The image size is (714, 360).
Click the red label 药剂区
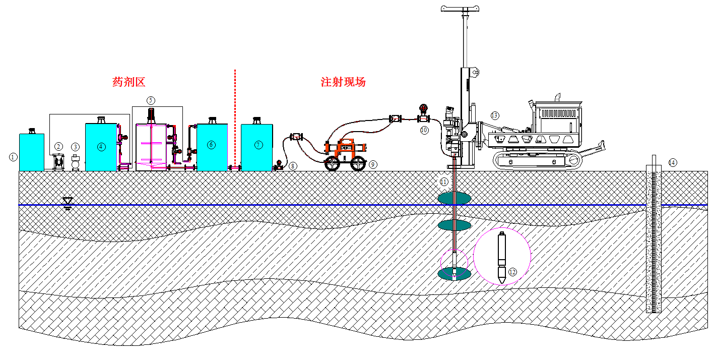point(128,82)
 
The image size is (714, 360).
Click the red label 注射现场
point(343,82)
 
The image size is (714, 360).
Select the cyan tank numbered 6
point(211,147)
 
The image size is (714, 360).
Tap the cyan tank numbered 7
point(257,147)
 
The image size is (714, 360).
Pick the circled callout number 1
point(13,157)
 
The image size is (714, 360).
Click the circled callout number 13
point(495,115)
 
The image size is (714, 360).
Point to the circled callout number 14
point(672,162)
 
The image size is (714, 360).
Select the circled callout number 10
point(424,130)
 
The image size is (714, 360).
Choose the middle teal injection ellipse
point(454,224)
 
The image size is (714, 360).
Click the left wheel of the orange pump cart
point(333,163)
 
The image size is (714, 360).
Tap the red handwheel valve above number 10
point(422,108)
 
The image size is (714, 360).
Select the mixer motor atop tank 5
point(151,114)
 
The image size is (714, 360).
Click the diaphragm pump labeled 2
point(59,162)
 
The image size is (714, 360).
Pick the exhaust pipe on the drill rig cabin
point(557,96)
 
